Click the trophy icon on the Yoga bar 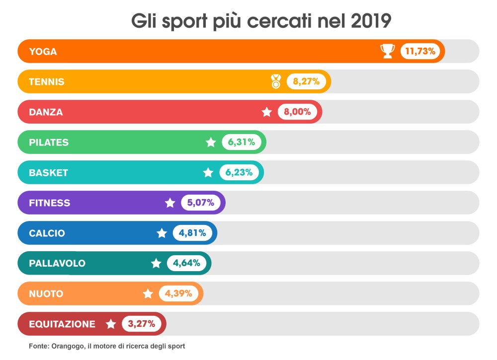point(388,51)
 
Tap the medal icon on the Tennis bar point(276,81)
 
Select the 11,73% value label point(420,51)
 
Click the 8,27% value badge point(306,81)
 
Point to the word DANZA point(46,112)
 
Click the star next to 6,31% point(211,143)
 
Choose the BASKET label point(48,173)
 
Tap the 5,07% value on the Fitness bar point(201,203)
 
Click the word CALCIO point(47,233)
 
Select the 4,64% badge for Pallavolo point(186,263)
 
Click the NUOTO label point(46,294)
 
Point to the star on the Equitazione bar point(111,324)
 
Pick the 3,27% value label point(142,324)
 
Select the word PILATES point(49,143)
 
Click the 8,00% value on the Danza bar point(297,112)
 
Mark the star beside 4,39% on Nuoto point(148,294)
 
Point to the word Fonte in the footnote point(38,346)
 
